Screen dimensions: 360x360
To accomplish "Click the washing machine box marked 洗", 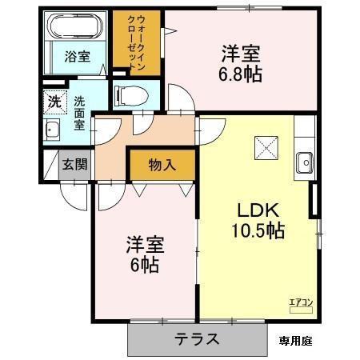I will pos(53,102).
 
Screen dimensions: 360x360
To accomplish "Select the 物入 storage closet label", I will pos(162,165).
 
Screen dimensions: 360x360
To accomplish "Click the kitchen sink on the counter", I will pos(304,162).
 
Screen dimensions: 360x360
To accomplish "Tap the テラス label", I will pos(197,338).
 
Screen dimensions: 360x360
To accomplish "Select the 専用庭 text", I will pos(295,340).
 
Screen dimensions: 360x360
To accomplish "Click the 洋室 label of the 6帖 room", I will pos(144,243).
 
